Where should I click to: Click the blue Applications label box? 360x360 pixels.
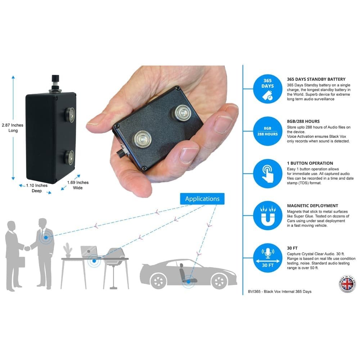(202, 199)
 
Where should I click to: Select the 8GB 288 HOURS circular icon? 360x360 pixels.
(267, 131)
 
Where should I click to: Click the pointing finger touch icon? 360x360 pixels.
(267, 173)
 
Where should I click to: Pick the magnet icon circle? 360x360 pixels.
(267, 216)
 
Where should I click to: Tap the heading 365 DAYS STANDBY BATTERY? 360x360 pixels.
(316, 79)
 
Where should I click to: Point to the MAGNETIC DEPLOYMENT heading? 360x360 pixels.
(312, 206)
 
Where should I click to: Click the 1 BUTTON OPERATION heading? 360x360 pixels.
(310, 163)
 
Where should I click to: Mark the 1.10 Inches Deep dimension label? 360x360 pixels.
(36, 188)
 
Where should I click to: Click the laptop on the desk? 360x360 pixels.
(88, 252)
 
